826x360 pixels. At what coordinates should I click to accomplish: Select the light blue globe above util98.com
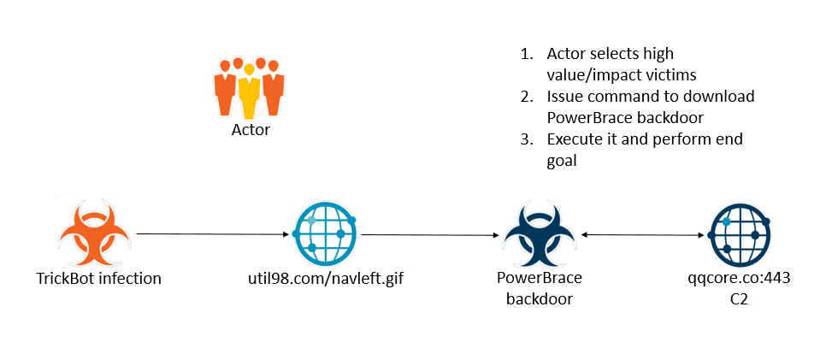tap(323, 233)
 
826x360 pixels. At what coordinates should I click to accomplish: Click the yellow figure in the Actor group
tap(249, 90)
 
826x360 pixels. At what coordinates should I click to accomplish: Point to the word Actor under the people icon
tap(251, 130)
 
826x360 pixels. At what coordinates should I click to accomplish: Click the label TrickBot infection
tap(98, 278)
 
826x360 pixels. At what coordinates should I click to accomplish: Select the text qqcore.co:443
tap(737, 278)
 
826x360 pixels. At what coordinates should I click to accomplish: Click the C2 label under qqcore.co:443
tap(737, 298)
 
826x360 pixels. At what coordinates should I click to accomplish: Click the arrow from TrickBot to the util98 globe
tap(213, 233)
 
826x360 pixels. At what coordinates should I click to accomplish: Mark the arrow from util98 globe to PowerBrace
tap(430, 234)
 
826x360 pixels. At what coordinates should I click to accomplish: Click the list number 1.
tap(526, 54)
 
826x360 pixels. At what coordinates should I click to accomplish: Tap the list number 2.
tap(526, 97)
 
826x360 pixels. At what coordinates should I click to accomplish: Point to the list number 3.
tap(526, 139)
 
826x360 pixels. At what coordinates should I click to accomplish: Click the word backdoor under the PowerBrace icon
tap(540, 298)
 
